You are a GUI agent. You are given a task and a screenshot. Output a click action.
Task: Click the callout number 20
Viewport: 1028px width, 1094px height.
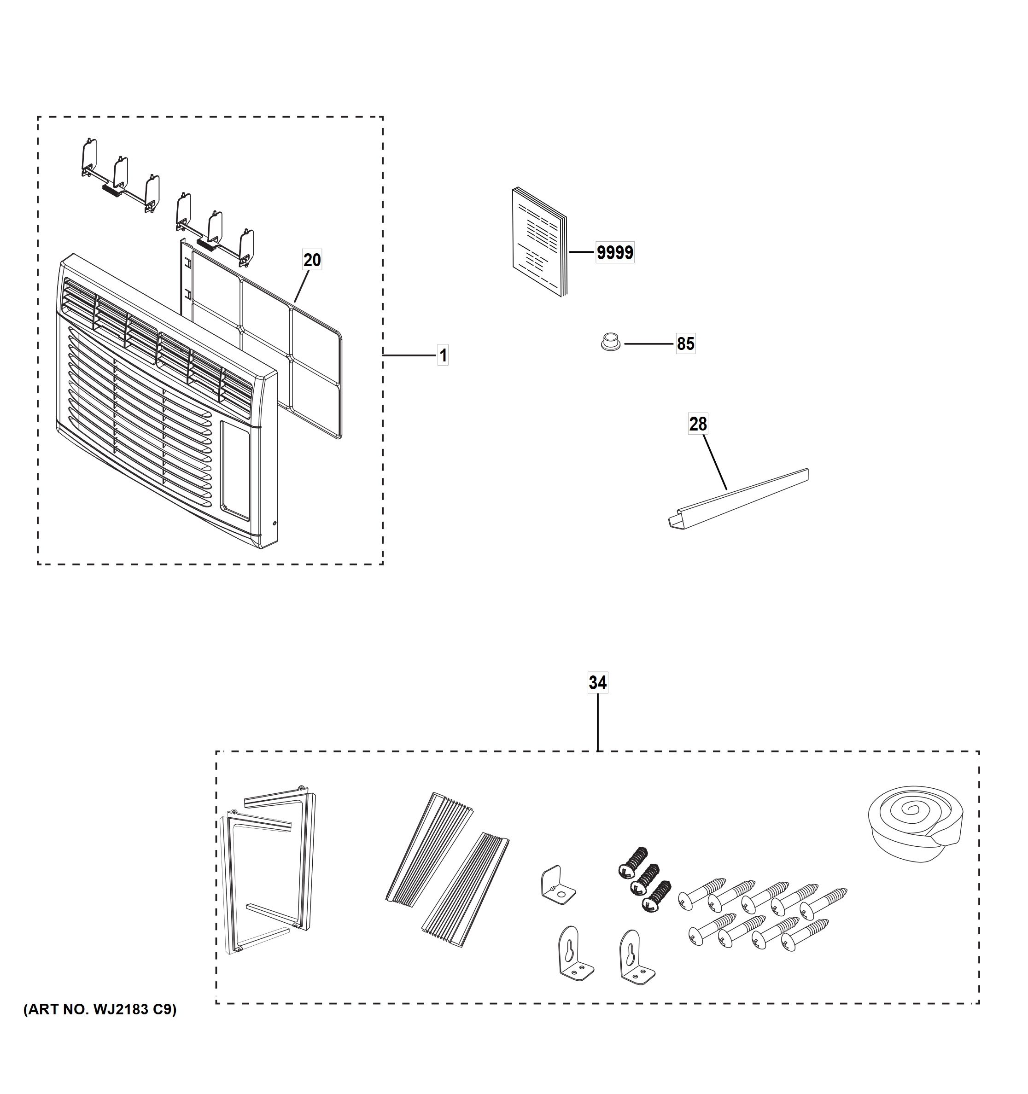pyautogui.click(x=312, y=260)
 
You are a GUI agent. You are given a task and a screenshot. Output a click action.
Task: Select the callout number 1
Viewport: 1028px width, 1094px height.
pyautogui.click(x=443, y=355)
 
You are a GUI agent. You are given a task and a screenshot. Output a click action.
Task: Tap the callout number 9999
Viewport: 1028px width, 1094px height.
pyautogui.click(x=615, y=253)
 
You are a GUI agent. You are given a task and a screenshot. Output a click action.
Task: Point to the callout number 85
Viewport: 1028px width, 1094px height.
pyautogui.click(x=685, y=343)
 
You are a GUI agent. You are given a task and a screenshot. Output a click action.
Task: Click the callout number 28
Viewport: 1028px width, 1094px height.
pyautogui.click(x=698, y=424)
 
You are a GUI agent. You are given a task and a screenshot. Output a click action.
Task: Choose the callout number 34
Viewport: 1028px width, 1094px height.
pyautogui.click(x=598, y=683)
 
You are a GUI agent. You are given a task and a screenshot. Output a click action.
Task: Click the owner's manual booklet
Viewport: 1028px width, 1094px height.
pyautogui.click(x=539, y=243)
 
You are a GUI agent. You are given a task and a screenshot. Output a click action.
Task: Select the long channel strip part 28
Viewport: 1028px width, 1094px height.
pyautogui.click(x=737, y=499)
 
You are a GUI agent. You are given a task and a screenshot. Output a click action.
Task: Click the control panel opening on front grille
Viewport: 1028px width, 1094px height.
pyautogui.click(x=235, y=471)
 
